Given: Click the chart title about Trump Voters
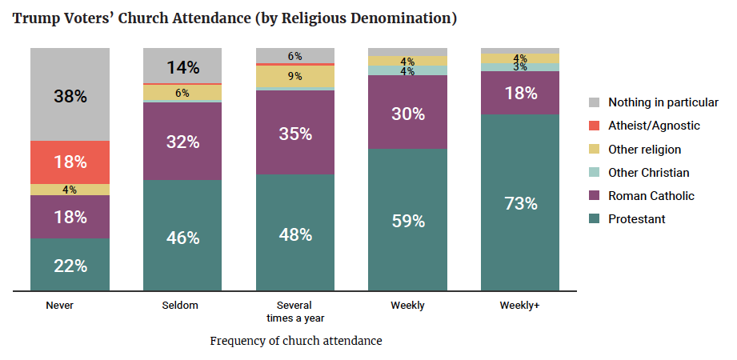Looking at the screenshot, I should click(x=234, y=18).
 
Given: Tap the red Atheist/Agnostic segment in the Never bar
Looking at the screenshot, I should click(x=70, y=162).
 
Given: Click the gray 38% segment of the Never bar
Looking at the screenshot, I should click(x=70, y=95).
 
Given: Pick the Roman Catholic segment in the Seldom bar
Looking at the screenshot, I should click(x=182, y=142).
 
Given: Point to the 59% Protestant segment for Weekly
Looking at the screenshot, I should click(x=408, y=220).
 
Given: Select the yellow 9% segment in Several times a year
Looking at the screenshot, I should click(x=295, y=76).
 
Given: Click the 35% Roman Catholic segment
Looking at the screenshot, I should click(x=295, y=133).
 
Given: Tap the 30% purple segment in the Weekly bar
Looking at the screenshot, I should click(x=408, y=113).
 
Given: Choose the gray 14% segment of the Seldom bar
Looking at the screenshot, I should click(x=182, y=66).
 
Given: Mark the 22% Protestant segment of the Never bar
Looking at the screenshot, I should click(x=70, y=265).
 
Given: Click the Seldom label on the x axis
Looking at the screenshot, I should click(x=182, y=306).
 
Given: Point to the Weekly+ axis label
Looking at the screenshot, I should click(x=520, y=306).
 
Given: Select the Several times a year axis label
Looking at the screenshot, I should click(x=295, y=311).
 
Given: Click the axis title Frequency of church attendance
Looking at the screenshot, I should click(x=296, y=341).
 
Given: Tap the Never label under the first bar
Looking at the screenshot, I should click(x=60, y=306).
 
